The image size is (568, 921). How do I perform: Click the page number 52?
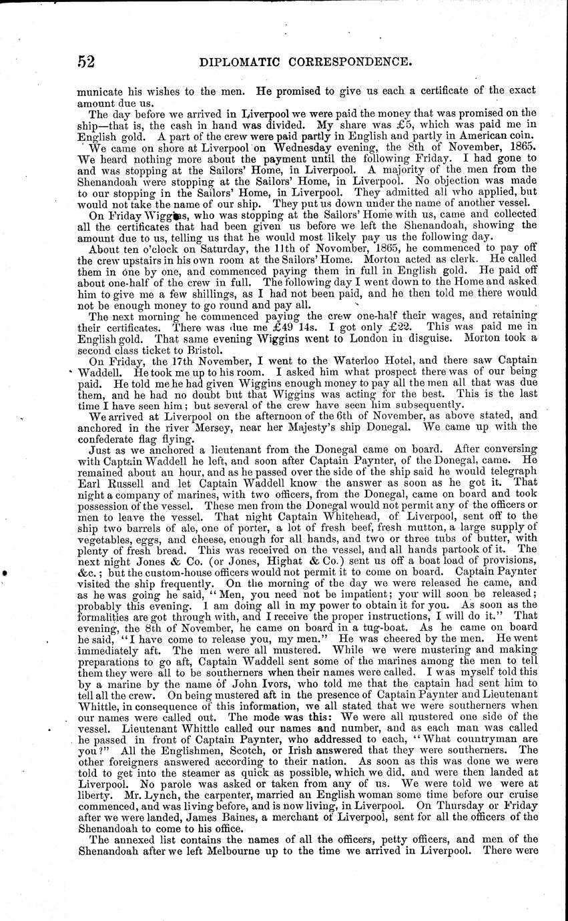pos(86,62)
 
